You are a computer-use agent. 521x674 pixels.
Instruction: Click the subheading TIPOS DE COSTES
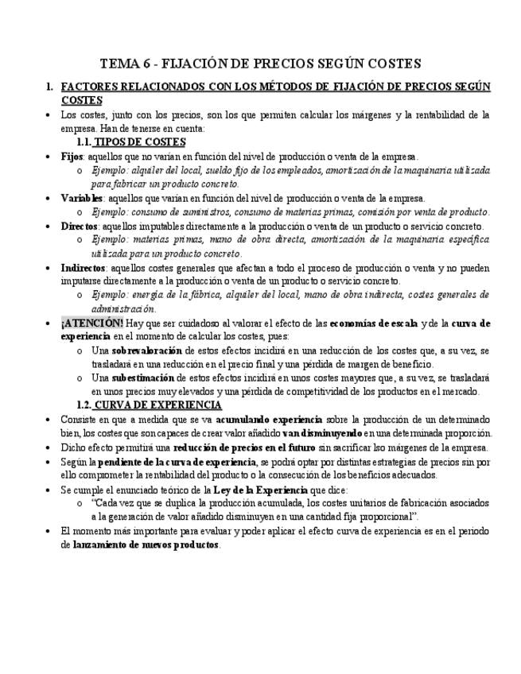(139, 142)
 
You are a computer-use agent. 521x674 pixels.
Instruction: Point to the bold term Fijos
(74, 157)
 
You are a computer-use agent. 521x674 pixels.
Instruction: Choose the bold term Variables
(82, 199)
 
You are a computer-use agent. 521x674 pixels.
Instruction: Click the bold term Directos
(80, 227)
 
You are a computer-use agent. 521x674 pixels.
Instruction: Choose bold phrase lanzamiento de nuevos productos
(146, 546)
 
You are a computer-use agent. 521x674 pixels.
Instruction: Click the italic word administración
(123, 309)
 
